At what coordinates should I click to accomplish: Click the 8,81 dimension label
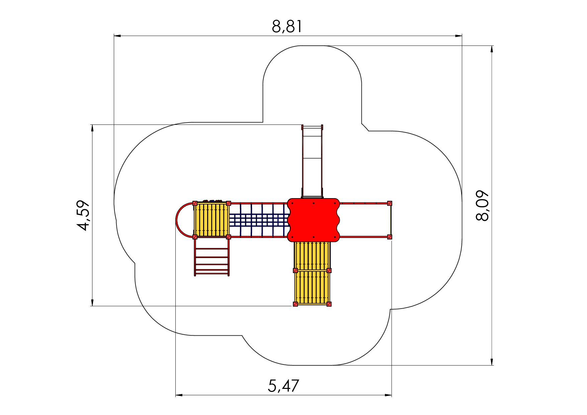287,26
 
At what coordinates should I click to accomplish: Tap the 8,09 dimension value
482,205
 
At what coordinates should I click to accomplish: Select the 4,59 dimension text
83,215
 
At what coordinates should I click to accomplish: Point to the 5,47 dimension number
283,386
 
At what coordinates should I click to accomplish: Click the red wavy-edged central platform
314,220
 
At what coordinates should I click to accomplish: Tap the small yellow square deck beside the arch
212,220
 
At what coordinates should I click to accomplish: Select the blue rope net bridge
259,220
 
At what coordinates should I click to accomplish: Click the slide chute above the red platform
312,161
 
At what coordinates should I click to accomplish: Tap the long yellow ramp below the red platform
312,273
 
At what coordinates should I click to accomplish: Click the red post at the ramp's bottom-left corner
295,304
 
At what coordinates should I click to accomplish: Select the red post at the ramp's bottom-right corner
329,304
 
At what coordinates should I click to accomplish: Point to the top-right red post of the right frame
390,203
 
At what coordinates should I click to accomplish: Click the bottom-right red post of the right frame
390,237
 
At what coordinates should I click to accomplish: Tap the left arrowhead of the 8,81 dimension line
117,35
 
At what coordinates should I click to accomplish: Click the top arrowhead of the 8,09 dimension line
492,49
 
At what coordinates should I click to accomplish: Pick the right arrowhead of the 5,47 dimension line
388,395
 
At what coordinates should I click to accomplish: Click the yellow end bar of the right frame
391,220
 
